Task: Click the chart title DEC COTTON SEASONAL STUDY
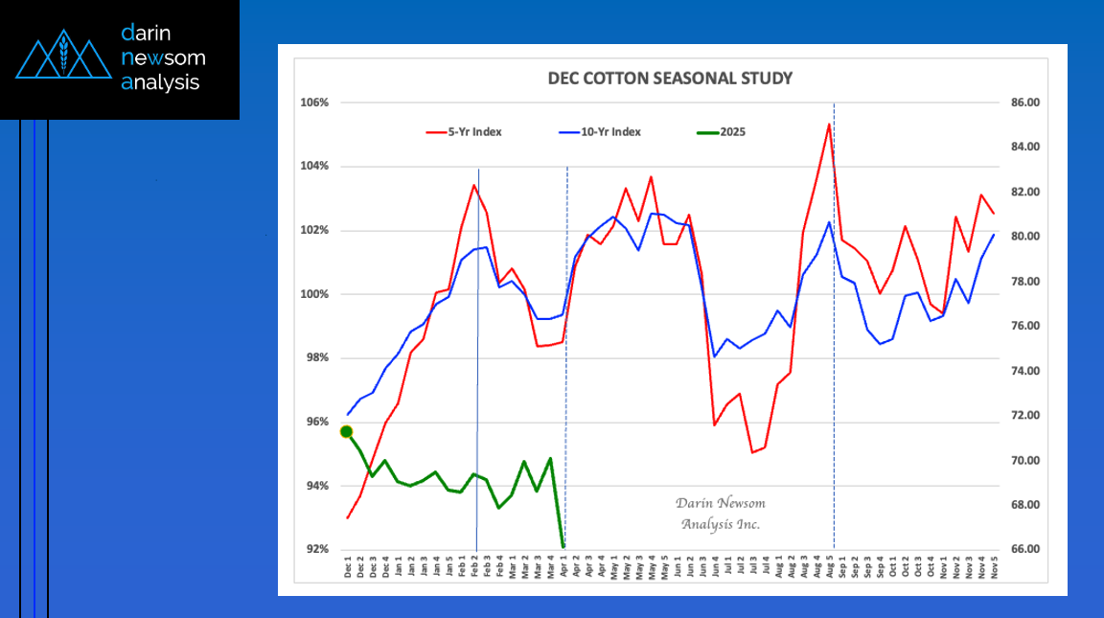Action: tap(670, 78)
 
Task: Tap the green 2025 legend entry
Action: tap(725, 132)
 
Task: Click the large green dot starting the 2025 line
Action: tap(347, 431)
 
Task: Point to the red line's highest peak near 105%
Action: tap(829, 124)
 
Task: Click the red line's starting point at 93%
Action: tap(348, 517)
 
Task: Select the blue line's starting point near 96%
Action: tap(348, 415)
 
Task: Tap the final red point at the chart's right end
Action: tap(994, 213)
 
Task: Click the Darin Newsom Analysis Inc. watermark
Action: tap(720, 514)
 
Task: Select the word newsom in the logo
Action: tap(164, 57)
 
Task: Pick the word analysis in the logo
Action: tap(161, 82)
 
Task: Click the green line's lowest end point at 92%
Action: tap(563, 547)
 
